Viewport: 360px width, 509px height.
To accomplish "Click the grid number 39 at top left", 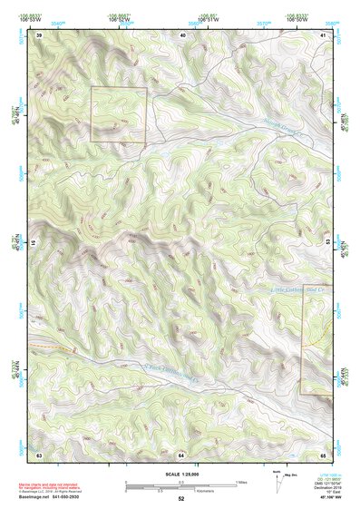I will click(x=39, y=35).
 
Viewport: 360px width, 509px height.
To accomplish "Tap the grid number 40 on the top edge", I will click(x=183, y=35).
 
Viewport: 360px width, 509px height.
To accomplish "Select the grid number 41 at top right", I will click(x=324, y=35).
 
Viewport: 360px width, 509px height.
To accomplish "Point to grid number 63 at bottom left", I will click(x=39, y=454).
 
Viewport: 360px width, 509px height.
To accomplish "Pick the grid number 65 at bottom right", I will click(x=324, y=454).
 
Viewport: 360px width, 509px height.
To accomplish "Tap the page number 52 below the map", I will click(x=181, y=499).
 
